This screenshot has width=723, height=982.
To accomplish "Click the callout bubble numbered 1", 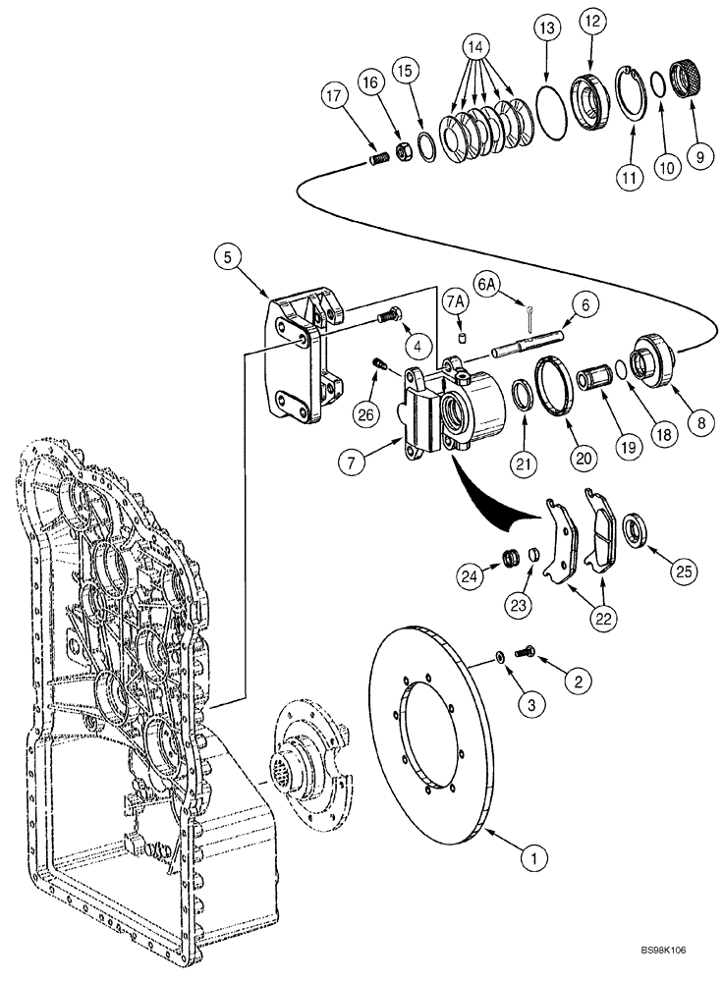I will click(532, 859).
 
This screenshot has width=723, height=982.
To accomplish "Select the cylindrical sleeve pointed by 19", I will click(593, 378).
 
